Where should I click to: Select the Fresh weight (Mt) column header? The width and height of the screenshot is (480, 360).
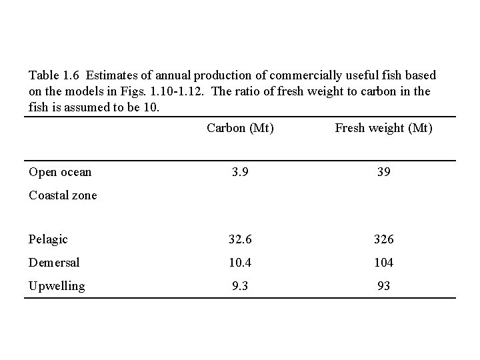(383, 128)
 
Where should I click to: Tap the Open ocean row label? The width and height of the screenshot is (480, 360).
(60, 172)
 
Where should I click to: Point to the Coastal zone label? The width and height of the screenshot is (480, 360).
(63, 195)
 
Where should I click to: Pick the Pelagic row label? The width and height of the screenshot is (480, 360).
(49, 239)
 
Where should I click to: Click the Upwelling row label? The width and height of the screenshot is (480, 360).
(57, 286)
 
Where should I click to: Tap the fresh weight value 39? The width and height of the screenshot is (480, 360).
(383, 172)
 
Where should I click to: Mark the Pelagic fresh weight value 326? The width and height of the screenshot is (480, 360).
(383, 239)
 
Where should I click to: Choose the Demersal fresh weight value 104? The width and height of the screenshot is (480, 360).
(383, 263)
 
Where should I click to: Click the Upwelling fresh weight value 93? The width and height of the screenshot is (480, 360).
(383, 286)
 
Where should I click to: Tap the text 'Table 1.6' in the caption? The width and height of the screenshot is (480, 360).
(53, 76)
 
